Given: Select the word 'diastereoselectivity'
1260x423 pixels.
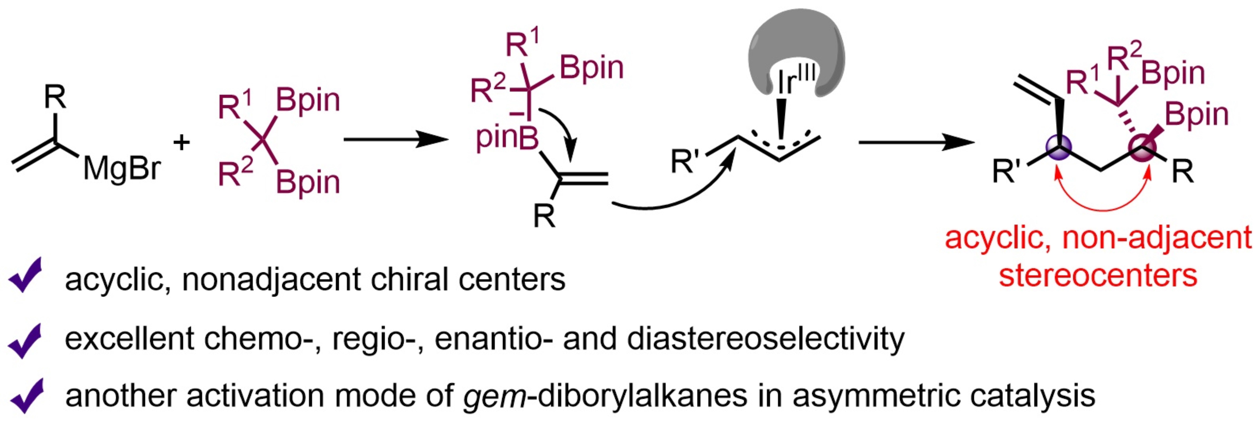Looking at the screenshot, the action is tap(766, 339).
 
